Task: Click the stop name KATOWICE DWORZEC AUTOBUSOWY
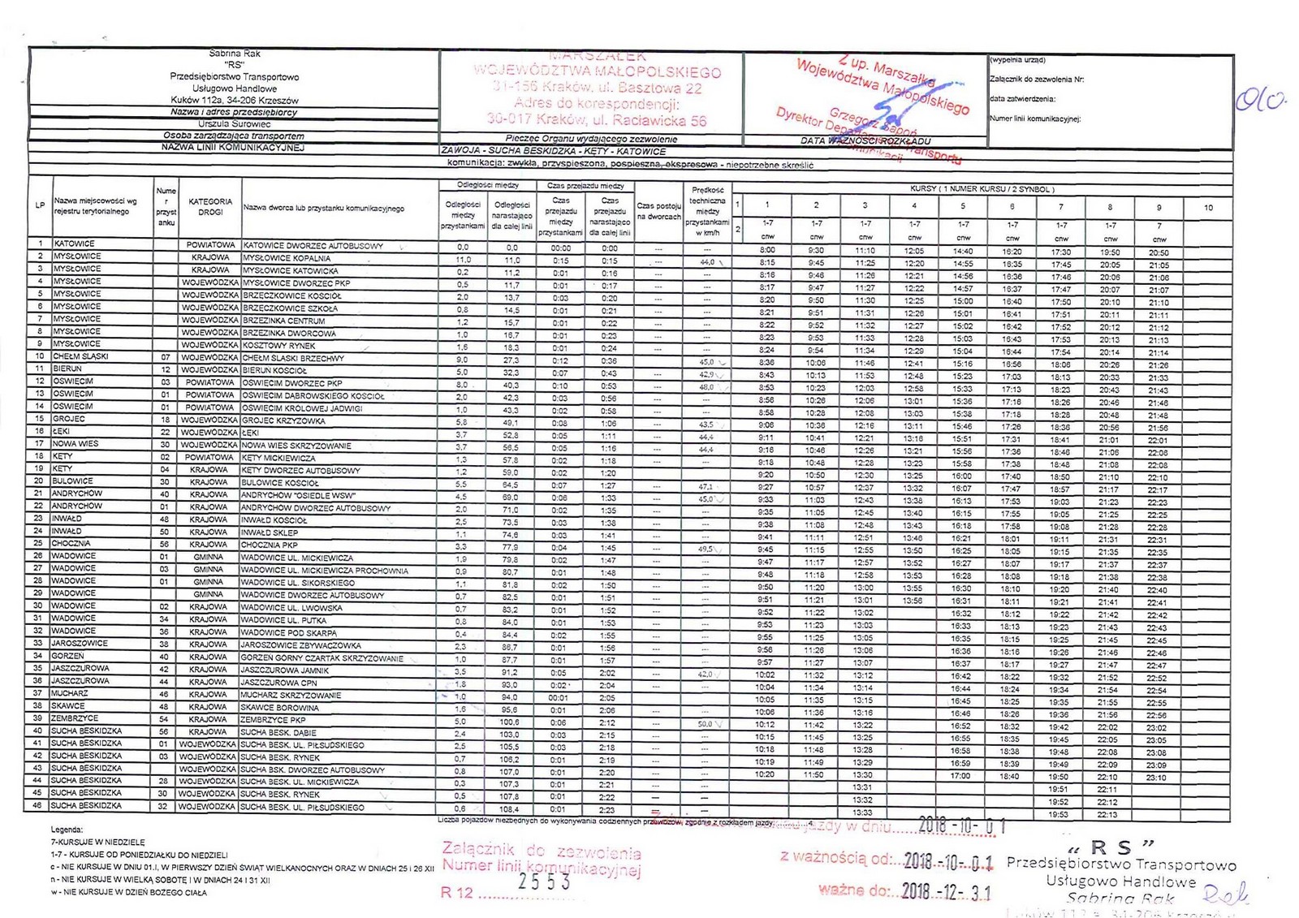click(313, 245)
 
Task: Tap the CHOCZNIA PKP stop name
click(270, 545)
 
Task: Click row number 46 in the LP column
click(37, 807)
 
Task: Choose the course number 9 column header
click(1159, 207)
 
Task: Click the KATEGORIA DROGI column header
click(210, 207)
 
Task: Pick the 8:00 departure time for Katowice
click(767, 251)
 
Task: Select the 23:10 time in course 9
click(1157, 778)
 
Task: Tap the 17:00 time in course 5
click(961, 776)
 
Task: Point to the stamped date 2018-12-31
click(947, 891)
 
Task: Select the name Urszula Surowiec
click(234, 124)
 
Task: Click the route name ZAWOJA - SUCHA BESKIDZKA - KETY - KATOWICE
click(553, 152)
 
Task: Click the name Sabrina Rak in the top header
click(235, 54)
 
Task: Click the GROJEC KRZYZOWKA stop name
click(283, 421)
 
